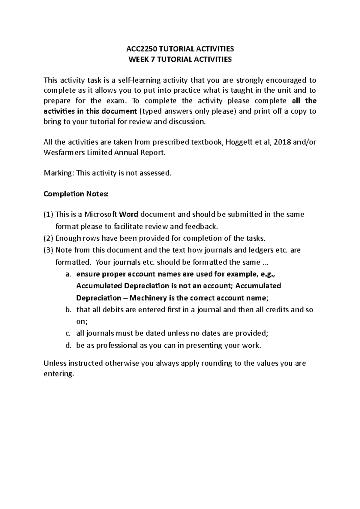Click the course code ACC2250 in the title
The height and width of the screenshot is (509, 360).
pyautogui.click(x=139, y=49)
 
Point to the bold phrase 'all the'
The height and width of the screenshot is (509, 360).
pyautogui.click(x=304, y=101)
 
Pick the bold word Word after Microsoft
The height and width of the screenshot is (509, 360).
pyautogui.click(x=128, y=214)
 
